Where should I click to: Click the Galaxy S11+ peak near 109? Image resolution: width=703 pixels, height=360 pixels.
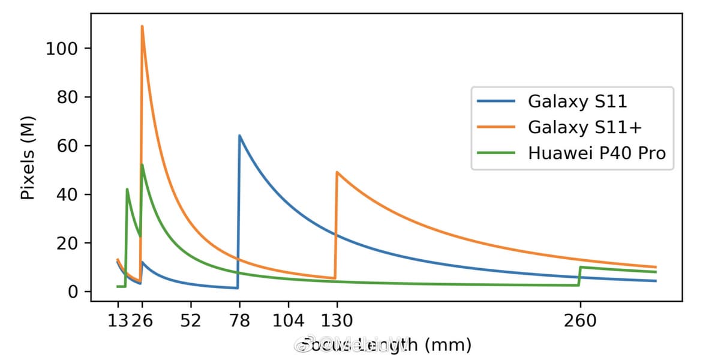tap(142, 26)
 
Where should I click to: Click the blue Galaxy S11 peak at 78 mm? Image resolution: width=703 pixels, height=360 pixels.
tap(239, 136)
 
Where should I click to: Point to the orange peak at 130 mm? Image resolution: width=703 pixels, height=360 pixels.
tap(337, 172)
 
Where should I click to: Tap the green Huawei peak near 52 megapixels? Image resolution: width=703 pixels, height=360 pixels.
tap(142, 165)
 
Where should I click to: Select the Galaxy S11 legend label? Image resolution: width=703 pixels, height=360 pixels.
tap(577, 101)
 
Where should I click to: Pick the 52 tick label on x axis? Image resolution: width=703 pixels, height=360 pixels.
tap(191, 322)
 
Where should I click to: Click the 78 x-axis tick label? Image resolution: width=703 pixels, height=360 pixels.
tap(239, 322)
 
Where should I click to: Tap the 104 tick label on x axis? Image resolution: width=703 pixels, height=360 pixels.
tap(288, 322)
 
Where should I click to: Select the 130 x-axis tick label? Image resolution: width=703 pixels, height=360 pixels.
tap(337, 322)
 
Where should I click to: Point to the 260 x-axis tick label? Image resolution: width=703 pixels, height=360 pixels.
tap(580, 322)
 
